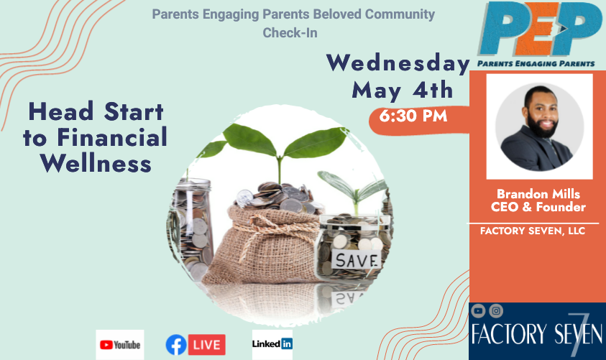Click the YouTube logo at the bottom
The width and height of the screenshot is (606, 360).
click(x=120, y=344)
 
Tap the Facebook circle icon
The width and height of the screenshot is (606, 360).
click(x=176, y=344)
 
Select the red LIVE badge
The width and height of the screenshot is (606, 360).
click(x=207, y=344)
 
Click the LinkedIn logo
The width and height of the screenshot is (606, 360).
click(x=272, y=343)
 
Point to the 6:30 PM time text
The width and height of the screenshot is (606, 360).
click(x=413, y=116)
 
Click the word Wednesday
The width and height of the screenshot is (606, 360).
click(x=398, y=63)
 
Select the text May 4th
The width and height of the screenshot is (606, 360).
click(x=403, y=91)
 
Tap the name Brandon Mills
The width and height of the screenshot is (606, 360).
click(x=538, y=193)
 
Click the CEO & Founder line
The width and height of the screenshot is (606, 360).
click(x=538, y=207)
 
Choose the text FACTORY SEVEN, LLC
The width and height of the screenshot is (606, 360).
click(x=533, y=231)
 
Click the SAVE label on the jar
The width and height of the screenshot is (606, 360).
click(x=357, y=261)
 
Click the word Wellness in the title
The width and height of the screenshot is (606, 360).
click(x=96, y=163)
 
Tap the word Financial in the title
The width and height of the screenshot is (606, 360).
click(x=112, y=137)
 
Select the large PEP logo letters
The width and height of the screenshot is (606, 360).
click(x=540, y=29)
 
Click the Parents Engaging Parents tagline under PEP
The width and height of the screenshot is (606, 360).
click(x=536, y=64)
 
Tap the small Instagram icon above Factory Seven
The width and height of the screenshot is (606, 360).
click(x=496, y=310)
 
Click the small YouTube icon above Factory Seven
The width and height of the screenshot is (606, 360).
click(x=478, y=310)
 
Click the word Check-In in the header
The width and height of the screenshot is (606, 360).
click(x=290, y=33)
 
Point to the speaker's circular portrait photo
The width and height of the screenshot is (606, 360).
click(x=540, y=126)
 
